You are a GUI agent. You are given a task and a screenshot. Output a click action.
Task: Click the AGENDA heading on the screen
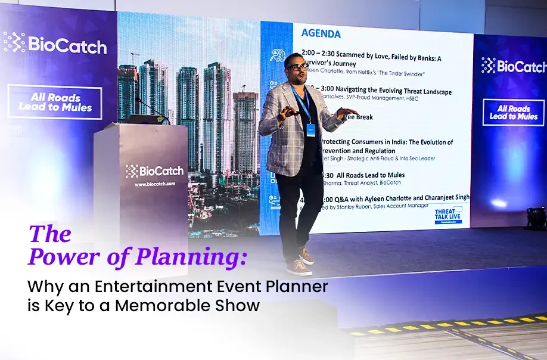(x=321, y=34)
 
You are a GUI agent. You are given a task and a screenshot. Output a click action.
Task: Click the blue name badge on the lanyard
(x=310, y=128)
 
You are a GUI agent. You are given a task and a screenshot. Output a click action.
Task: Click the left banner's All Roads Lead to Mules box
(x=55, y=103)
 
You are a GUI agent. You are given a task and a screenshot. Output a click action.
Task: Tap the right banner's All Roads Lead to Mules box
(x=513, y=112)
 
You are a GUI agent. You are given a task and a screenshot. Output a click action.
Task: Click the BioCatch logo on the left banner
(x=55, y=44)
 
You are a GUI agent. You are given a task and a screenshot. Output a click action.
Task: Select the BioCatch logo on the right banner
(x=513, y=66)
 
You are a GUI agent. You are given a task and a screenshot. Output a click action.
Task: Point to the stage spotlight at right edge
(x=535, y=216)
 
